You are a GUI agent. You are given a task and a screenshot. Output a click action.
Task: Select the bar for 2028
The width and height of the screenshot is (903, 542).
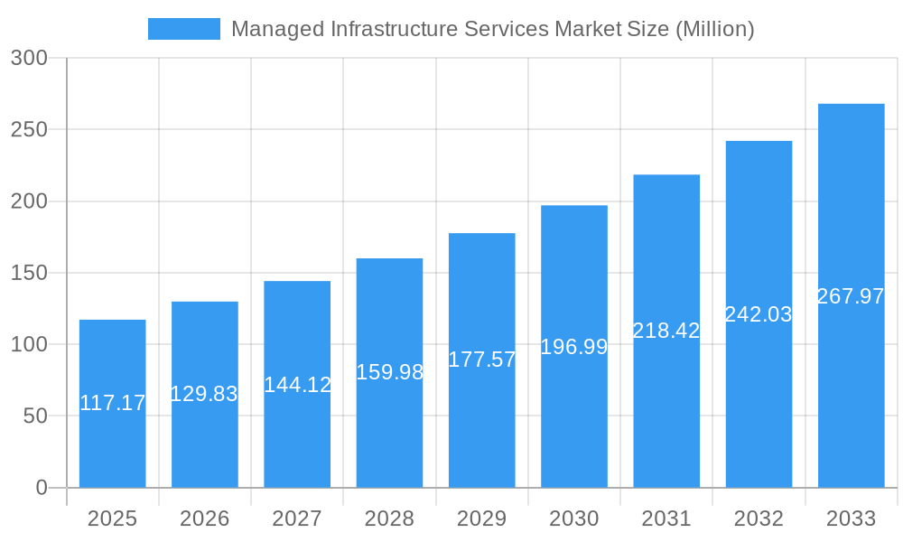click(x=389, y=425)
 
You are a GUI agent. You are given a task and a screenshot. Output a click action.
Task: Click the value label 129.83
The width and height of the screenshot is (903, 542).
click(x=204, y=394)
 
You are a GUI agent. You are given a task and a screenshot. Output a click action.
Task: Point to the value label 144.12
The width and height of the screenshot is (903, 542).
click(x=297, y=385)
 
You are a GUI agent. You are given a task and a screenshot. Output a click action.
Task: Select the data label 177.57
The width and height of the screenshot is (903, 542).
click(x=482, y=360)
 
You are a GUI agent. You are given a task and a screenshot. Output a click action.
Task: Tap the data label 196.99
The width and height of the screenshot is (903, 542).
click(x=574, y=347)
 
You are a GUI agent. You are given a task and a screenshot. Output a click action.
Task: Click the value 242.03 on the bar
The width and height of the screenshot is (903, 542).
click(x=759, y=314)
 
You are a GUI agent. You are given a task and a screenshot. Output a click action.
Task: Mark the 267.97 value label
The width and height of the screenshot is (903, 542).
click(x=851, y=296)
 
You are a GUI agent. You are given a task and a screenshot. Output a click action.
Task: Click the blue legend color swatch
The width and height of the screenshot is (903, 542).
click(x=184, y=29)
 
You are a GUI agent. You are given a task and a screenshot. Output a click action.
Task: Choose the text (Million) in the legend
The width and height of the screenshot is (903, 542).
click(x=714, y=29)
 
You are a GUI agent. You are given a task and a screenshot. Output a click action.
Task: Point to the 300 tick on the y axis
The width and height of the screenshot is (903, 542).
click(x=29, y=58)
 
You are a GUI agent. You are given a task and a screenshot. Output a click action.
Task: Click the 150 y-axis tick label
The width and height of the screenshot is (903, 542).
click(x=29, y=273)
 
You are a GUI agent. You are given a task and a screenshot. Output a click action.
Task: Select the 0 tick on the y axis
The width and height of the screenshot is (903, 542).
click(x=42, y=488)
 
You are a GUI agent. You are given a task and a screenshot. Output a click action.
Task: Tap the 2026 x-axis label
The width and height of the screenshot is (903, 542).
click(x=204, y=519)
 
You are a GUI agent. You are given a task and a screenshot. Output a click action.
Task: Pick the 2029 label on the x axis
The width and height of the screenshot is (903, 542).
click(x=482, y=519)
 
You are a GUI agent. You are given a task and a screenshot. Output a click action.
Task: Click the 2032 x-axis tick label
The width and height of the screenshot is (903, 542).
click(x=759, y=519)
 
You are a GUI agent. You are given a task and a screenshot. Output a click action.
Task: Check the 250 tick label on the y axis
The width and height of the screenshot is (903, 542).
click(x=29, y=129)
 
